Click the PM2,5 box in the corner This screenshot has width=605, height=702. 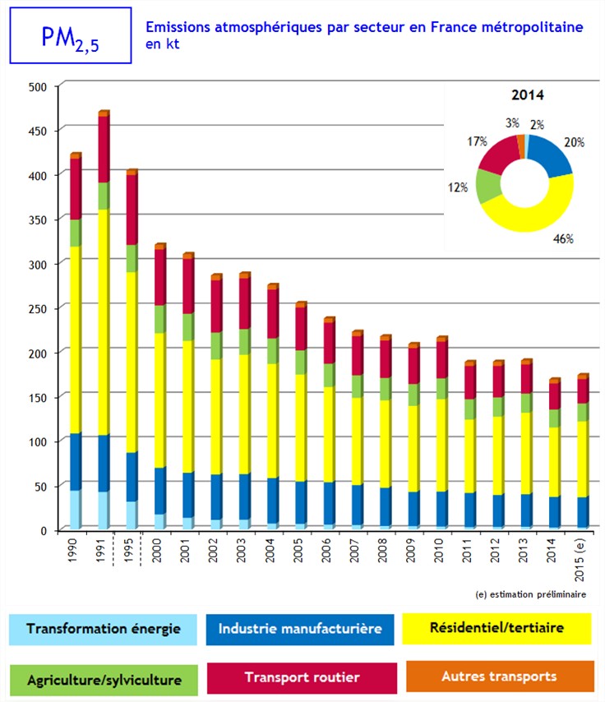tap(70, 36)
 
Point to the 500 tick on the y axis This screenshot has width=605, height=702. tap(39, 86)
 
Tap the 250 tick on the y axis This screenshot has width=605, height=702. tap(39, 307)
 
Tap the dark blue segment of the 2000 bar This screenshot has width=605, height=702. tap(159, 490)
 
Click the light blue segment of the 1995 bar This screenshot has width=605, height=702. tap(131, 514)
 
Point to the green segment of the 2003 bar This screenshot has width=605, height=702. tap(244, 341)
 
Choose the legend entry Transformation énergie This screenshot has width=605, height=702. tap(104, 630)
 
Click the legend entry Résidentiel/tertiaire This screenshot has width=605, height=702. tap(496, 628)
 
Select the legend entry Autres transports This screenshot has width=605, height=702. tap(499, 677)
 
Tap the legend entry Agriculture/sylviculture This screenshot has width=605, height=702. tap(104, 680)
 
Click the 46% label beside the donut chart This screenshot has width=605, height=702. tap(561, 238)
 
